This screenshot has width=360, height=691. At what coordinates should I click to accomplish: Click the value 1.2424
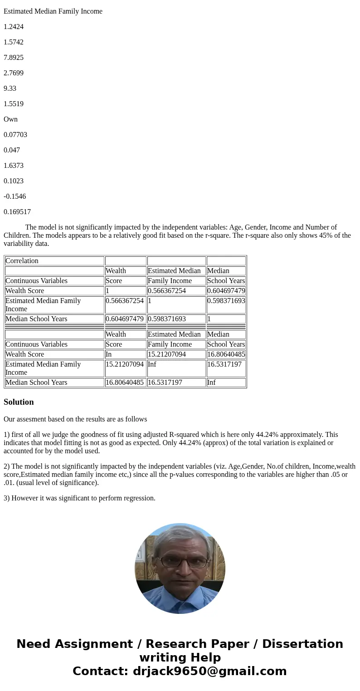(x=14, y=27)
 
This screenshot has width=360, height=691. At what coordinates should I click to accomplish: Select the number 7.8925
(x=14, y=58)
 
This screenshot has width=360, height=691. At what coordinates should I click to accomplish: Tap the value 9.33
(x=10, y=88)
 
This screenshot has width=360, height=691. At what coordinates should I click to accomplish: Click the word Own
(x=10, y=119)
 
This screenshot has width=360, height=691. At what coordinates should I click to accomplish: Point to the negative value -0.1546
(x=15, y=196)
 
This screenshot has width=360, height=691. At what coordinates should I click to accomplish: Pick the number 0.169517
(x=17, y=212)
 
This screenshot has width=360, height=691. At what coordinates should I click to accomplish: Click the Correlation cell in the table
(x=22, y=261)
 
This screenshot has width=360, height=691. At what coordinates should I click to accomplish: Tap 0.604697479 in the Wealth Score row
(x=226, y=291)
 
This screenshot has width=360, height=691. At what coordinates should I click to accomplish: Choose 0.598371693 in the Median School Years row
(x=167, y=319)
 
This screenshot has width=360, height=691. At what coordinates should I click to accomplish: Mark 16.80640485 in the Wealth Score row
(x=226, y=354)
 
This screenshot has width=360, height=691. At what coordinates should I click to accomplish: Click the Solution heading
(x=19, y=402)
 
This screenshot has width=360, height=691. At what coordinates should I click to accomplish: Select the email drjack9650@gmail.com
(x=209, y=671)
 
